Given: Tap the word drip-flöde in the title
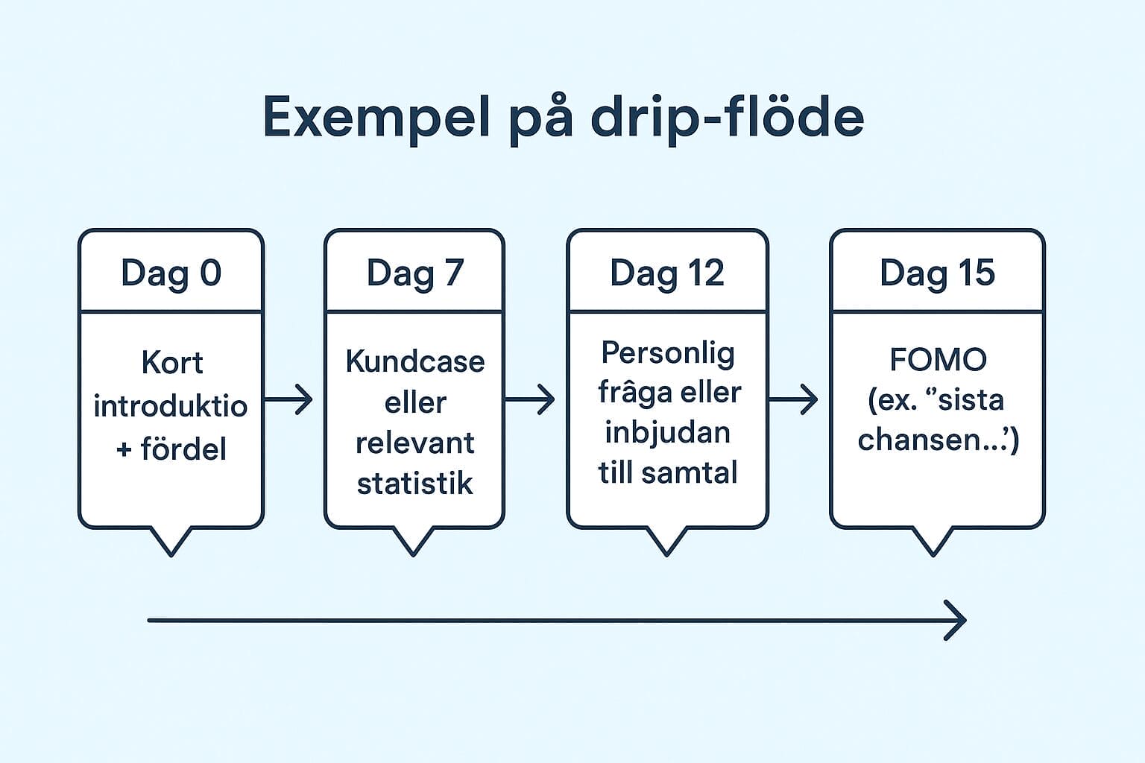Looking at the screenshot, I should point(727,118).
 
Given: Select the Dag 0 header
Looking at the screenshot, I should point(171,273).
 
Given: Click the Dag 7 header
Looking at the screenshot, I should point(414,273).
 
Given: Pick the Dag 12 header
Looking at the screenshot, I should point(666,273).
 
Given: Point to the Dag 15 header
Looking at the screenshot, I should point(937,273).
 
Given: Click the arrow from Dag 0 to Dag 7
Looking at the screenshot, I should point(288,399).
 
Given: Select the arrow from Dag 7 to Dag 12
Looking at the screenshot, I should point(530,399).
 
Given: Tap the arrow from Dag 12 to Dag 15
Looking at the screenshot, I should point(793,399).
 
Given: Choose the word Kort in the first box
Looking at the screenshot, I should point(171,363).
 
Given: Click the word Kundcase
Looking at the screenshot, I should point(414,361).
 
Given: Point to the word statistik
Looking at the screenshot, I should point(414,484).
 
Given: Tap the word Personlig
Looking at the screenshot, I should point(667,353).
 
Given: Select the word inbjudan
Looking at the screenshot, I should point(667,432).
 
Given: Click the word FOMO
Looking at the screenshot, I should point(938,360).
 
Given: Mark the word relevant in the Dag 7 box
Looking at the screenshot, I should point(414,443).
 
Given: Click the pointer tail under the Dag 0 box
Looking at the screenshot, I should point(171,542).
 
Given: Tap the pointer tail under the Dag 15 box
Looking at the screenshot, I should point(933,542).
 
